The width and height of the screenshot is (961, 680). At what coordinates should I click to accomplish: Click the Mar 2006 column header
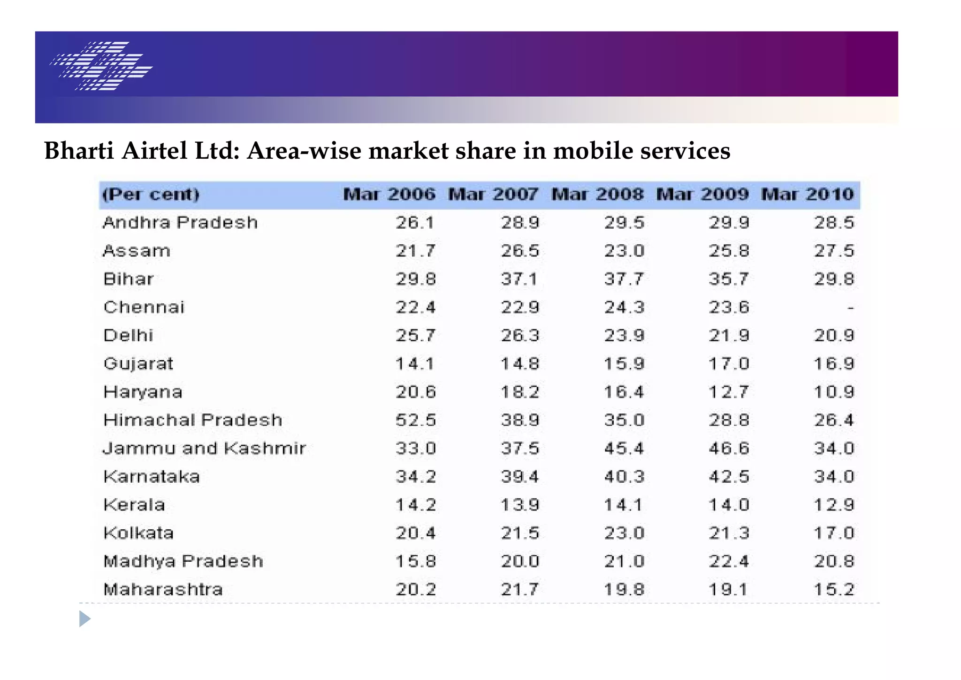[x=389, y=194]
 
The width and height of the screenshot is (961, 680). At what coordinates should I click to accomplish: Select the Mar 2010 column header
[x=807, y=194]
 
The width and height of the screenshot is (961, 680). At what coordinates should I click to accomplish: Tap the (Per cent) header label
[x=151, y=194]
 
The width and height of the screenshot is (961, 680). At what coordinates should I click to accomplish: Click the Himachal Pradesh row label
[x=193, y=420]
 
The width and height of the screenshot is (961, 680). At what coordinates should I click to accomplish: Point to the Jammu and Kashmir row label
[x=205, y=448]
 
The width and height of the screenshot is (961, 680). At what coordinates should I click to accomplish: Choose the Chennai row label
[x=144, y=307]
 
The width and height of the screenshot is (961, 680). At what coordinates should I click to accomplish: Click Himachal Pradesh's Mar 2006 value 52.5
[x=416, y=420]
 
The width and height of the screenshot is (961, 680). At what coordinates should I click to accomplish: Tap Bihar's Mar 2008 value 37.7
[x=624, y=279]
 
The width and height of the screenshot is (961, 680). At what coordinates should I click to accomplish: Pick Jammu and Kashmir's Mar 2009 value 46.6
[x=729, y=448]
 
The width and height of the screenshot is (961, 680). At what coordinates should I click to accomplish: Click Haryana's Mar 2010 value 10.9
[x=834, y=392]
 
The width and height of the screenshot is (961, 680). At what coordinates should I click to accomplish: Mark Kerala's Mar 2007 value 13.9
[x=520, y=505]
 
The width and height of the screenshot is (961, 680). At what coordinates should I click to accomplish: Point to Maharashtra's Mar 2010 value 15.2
[x=834, y=589]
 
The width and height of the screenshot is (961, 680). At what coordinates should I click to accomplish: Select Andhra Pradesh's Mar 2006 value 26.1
[x=415, y=223]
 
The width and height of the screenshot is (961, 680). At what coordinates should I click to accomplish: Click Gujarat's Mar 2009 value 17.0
[x=729, y=363]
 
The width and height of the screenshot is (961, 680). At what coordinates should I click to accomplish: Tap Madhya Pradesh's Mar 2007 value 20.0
[x=520, y=561]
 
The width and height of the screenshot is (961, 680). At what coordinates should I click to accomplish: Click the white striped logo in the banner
[x=101, y=66]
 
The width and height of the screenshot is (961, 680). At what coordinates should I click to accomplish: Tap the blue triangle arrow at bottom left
[x=84, y=619]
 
